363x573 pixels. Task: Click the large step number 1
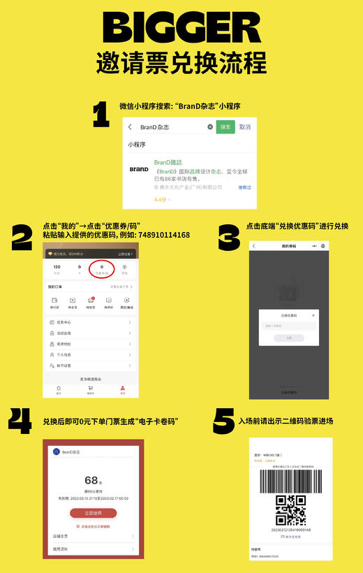click(101, 115)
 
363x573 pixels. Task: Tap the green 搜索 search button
click(225, 127)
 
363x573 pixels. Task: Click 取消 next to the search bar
click(244, 127)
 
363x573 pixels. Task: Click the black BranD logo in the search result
click(139, 169)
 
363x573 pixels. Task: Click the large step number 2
click(22, 238)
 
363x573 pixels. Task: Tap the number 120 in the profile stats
click(57, 266)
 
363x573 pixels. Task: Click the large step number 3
click(229, 238)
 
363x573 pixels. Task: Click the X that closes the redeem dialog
click(313, 316)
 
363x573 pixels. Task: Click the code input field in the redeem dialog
click(288, 326)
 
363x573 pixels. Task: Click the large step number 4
click(22, 422)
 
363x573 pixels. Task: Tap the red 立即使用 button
click(93, 512)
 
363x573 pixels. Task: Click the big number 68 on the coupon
click(91, 480)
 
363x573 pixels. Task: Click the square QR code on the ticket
click(290, 510)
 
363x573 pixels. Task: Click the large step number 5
click(223, 421)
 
